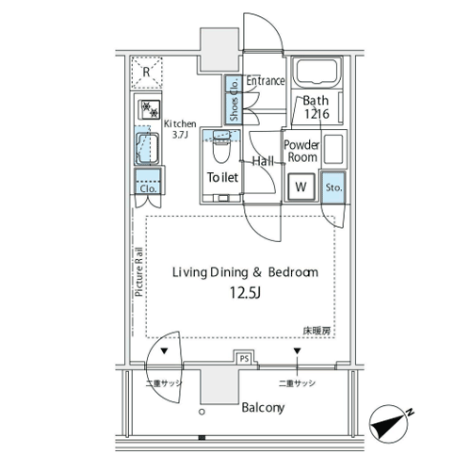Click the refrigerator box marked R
coord(146,73)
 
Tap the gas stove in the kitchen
coord(150,109)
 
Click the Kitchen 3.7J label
coord(180,129)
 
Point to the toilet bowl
coord(221,149)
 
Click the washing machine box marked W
coord(300,187)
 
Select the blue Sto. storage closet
coord(333,187)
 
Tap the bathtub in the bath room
coord(317,73)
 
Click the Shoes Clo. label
coord(234,100)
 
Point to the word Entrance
coord(266,81)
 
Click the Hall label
coord(263,161)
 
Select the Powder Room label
coord(301,151)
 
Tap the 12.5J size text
coord(245,293)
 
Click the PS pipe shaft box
coord(244,358)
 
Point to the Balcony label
coord(263,408)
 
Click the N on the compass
coord(410,413)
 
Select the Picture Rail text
coord(139,272)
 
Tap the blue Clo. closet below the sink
coord(148,181)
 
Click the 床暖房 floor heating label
coord(317,331)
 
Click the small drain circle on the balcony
coord(202,412)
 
